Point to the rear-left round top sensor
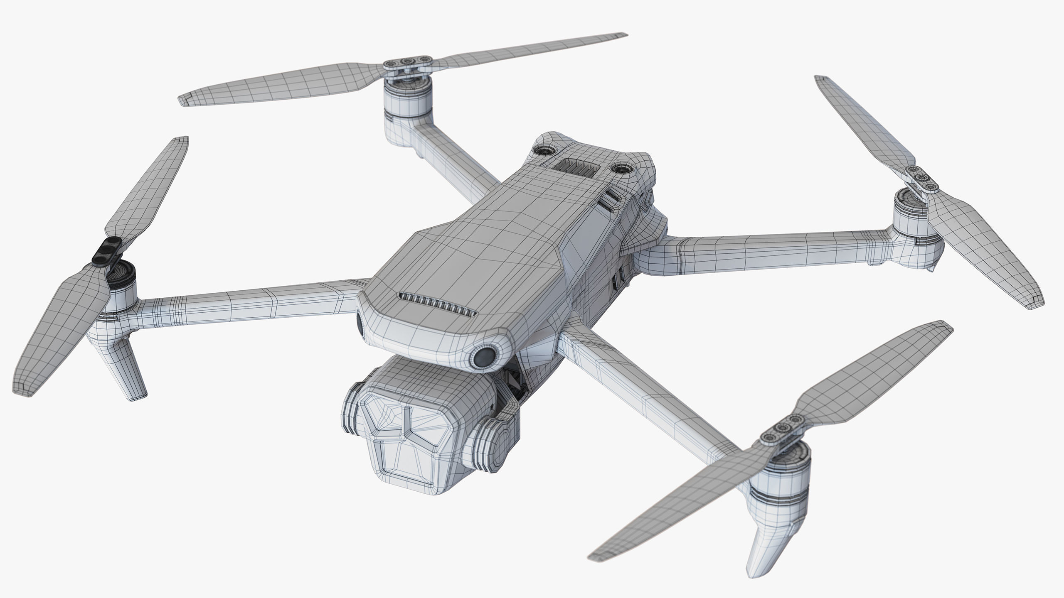(544, 151)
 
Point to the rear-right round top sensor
(622, 168)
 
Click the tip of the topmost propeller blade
(623, 35)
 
